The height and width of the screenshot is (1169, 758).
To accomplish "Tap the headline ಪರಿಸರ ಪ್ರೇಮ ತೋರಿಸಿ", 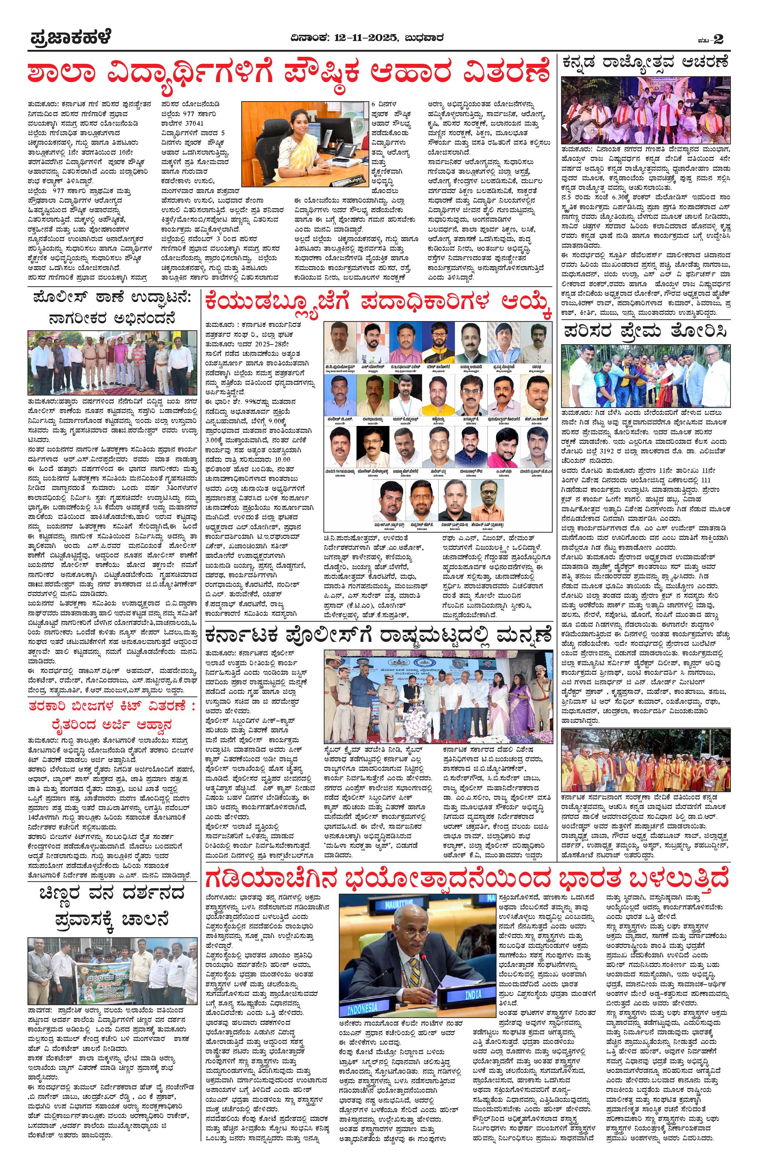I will (645, 331).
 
